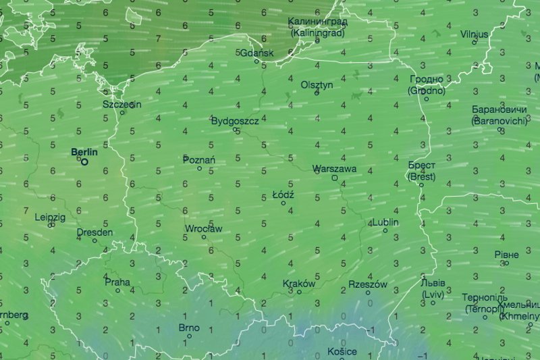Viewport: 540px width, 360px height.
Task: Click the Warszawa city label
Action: tap(335, 169)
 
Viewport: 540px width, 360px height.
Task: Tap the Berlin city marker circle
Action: tap(85, 161)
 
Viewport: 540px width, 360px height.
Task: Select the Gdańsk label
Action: tap(257, 53)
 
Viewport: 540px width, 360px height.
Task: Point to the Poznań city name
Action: tap(199, 159)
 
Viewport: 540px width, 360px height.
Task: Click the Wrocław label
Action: tap(203, 229)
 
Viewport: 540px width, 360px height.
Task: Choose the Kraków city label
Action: tap(299, 284)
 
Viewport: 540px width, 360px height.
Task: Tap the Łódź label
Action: tap(283, 195)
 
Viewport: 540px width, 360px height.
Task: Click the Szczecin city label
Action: tap(122, 105)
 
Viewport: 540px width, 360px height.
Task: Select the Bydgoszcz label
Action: tap(235, 121)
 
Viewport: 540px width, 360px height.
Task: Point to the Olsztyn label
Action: tap(317, 84)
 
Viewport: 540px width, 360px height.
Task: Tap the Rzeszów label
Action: tap(368, 284)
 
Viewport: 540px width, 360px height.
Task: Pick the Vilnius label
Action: tap(474, 34)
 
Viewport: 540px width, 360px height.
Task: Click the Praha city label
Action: tap(117, 282)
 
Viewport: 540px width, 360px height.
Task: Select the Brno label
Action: tap(189, 328)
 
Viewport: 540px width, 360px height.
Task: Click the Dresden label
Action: tap(94, 232)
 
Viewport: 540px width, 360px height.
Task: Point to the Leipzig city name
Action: tap(51, 217)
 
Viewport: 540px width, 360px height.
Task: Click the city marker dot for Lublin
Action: tap(385, 231)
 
